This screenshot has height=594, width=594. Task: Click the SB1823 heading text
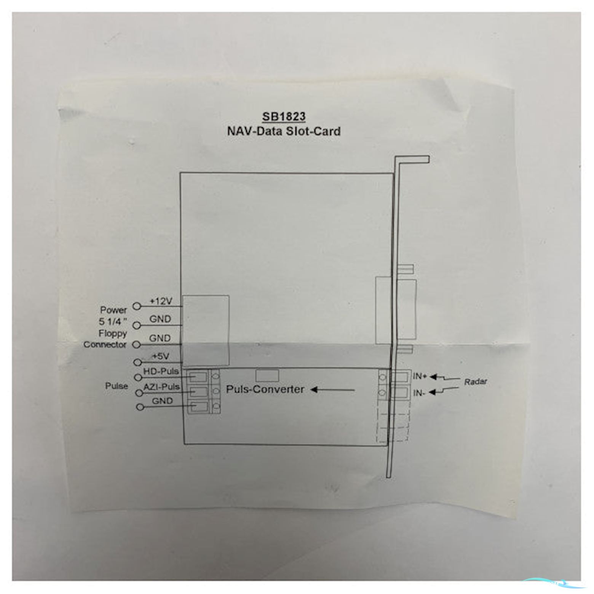(x=284, y=116)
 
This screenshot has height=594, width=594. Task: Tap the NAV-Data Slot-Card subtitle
(x=284, y=131)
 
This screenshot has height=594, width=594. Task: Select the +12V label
(x=161, y=301)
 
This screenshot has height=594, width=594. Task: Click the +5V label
(x=161, y=356)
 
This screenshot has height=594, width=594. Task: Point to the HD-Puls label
(x=161, y=371)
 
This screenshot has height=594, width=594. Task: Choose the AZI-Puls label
(x=161, y=387)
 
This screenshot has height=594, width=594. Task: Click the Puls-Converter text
(x=265, y=389)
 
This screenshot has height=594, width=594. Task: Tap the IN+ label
(x=420, y=376)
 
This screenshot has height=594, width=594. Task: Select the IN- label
(x=419, y=393)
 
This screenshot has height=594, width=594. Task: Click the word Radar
(x=476, y=382)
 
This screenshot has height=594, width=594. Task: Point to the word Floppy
(x=113, y=334)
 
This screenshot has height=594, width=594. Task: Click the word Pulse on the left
(x=117, y=386)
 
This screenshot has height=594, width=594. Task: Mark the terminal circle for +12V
(x=137, y=306)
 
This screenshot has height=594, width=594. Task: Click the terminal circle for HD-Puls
(x=138, y=377)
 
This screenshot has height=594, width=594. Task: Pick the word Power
(x=113, y=310)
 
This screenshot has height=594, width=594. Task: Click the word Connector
(x=105, y=345)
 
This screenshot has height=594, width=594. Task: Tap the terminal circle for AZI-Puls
(x=139, y=393)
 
